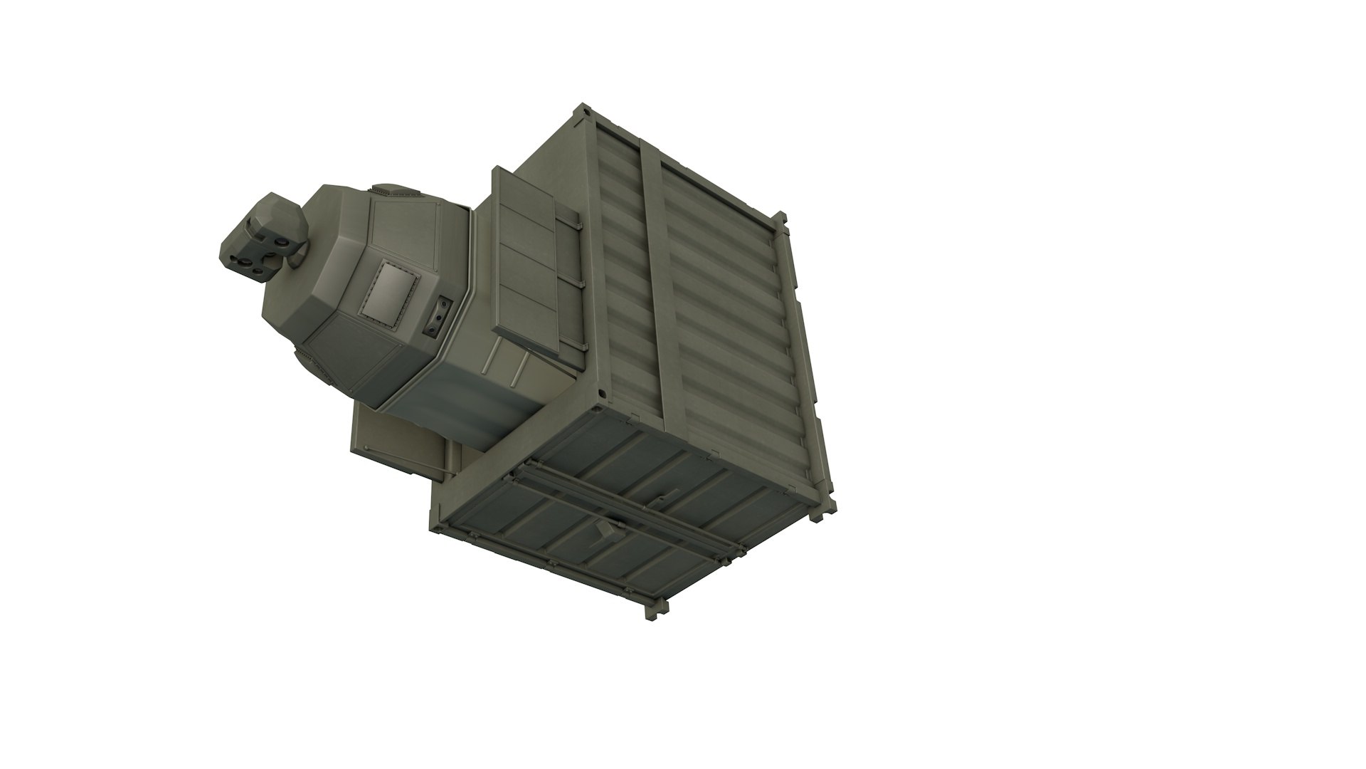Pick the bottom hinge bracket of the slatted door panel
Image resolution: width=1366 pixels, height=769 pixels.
click(x=578, y=346)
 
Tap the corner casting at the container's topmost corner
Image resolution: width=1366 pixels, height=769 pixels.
click(x=584, y=111)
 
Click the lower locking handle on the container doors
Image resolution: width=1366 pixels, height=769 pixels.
click(x=603, y=530)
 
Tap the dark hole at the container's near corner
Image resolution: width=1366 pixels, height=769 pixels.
click(x=600, y=393)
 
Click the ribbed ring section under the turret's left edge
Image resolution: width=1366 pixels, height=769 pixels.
click(x=313, y=363)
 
